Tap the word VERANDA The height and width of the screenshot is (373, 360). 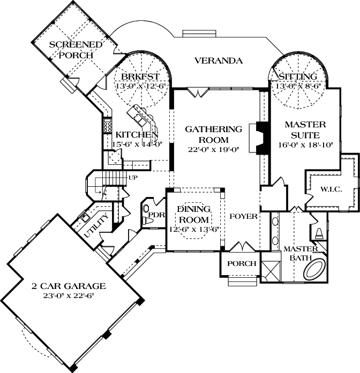[218, 60]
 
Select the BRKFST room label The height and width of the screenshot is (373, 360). [133, 76]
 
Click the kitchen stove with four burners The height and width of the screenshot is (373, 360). [102, 128]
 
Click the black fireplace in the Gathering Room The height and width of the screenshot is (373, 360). [260, 138]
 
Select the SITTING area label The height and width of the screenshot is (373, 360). [297, 76]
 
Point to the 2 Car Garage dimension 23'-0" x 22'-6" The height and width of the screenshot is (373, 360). [67, 295]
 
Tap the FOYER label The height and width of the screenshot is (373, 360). [244, 216]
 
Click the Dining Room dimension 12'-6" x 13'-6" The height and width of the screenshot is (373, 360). [195, 229]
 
